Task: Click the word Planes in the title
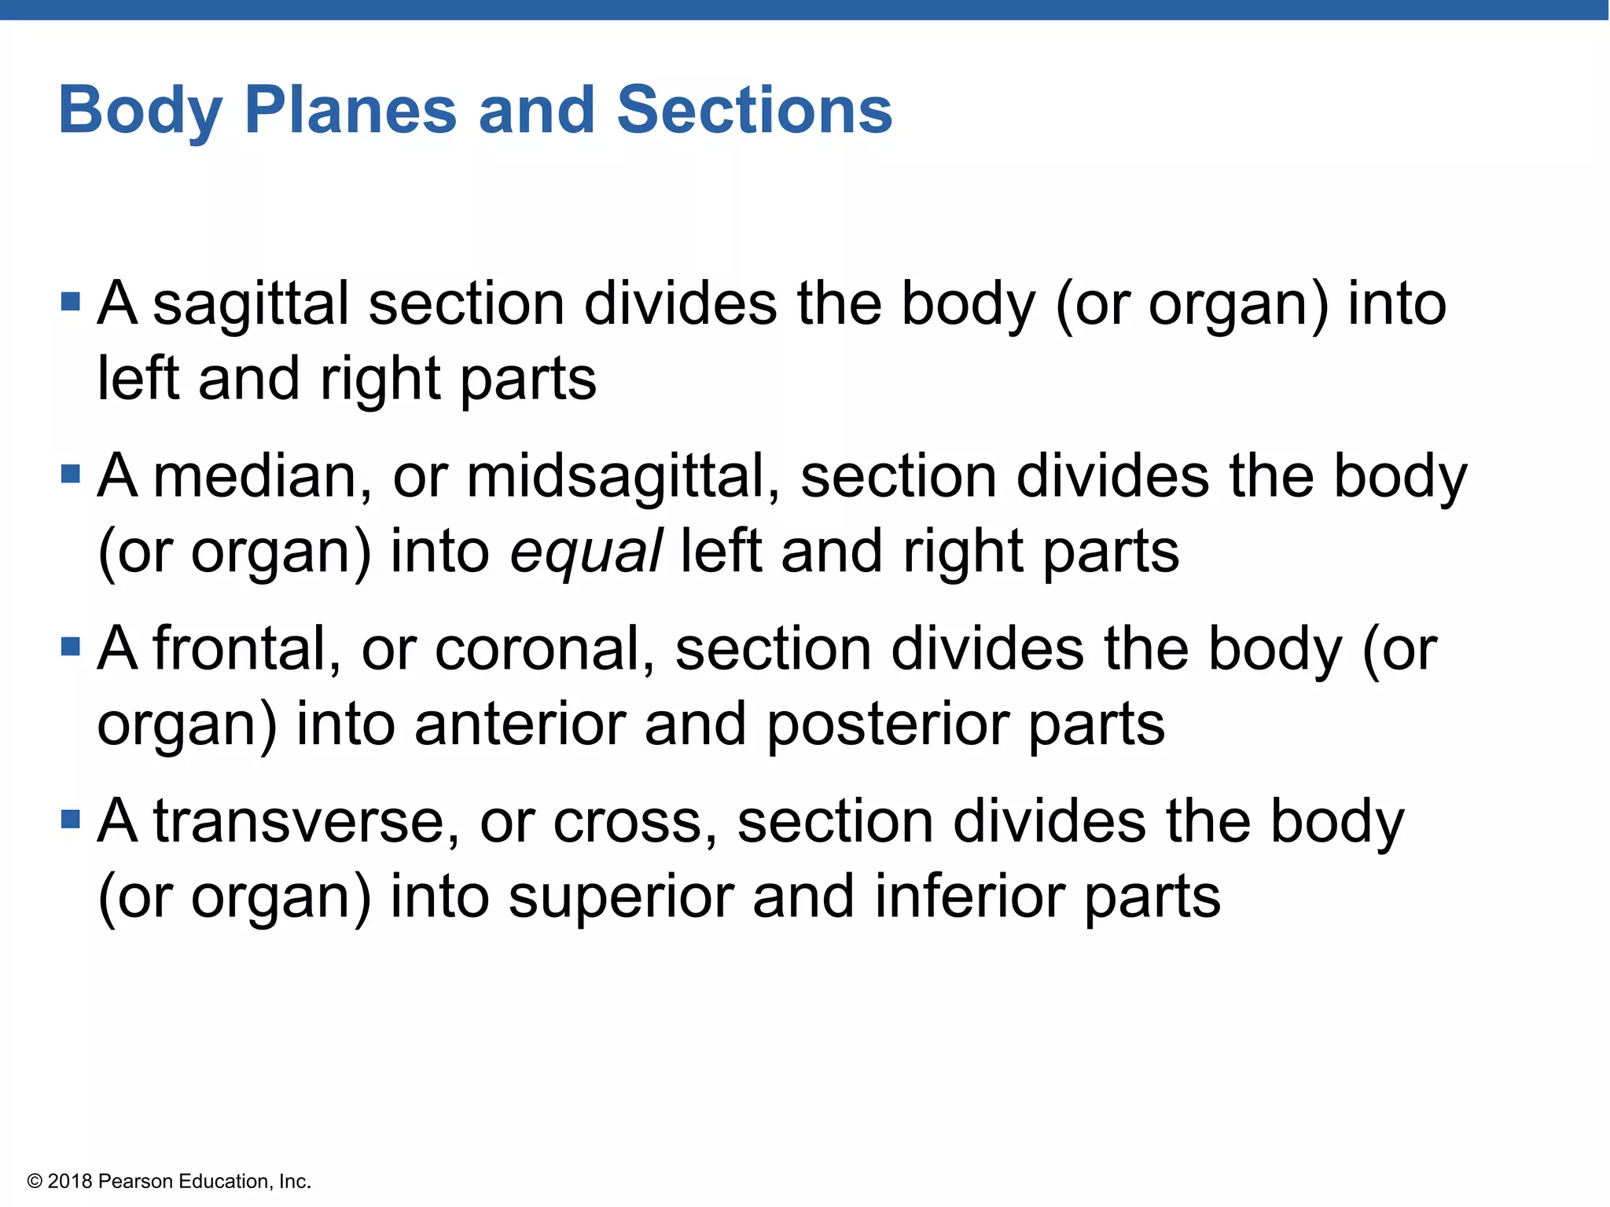(350, 110)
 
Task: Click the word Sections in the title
(754, 110)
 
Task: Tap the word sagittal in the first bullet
(250, 305)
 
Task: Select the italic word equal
(586, 552)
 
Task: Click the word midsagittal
(622, 477)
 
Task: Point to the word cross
(634, 821)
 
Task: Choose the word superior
(620, 897)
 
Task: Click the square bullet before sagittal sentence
(71, 302)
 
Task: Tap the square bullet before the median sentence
(71, 474)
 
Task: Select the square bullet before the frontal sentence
(71, 647)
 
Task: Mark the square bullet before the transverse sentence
(71, 819)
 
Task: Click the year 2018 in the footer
(70, 1181)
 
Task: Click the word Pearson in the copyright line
(135, 1181)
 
